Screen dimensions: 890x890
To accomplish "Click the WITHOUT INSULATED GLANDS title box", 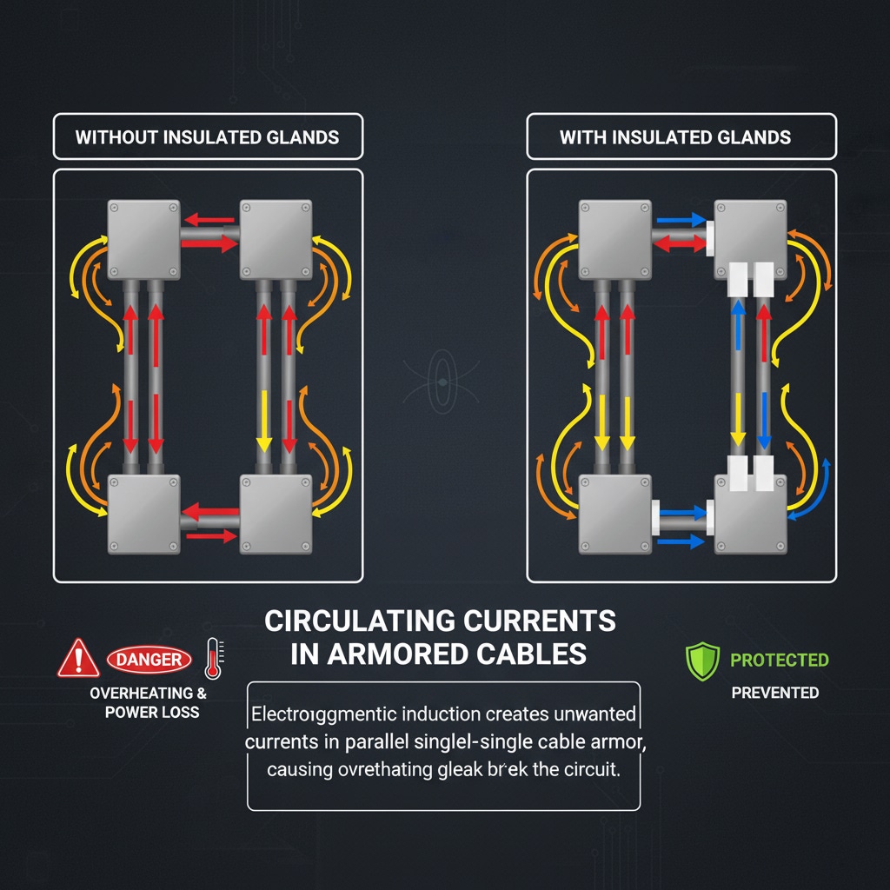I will (x=208, y=137).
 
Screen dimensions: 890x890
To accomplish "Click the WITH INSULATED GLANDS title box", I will (x=681, y=137).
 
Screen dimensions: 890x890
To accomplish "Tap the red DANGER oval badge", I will (x=149, y=660).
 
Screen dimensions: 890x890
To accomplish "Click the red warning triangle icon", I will (x=78, y=658).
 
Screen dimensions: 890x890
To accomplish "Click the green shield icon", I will (x=703, y=661).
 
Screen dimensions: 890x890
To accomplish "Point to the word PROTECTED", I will (x=779, y=660).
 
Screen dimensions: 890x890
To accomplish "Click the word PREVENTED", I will (x=774, y=693).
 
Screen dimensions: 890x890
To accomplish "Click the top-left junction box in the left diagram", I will (x=143, y=235).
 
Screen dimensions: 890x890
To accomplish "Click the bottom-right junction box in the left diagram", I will (x=276, y=514).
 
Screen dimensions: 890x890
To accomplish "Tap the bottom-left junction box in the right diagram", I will (x=614, y=514).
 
